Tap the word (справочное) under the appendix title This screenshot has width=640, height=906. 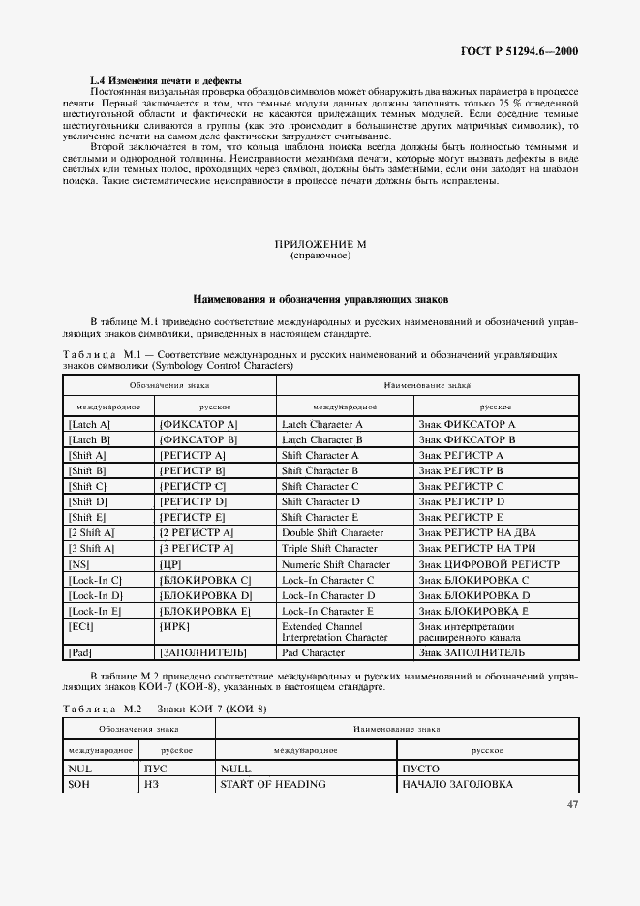pos(320,257)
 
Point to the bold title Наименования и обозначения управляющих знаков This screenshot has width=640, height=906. pos(320,299)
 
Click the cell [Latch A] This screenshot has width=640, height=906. pos(90,424)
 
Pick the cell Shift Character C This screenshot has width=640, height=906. pos(320,486)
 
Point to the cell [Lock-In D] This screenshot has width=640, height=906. pos(96,595)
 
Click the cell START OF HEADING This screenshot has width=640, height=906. pos(272,784)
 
